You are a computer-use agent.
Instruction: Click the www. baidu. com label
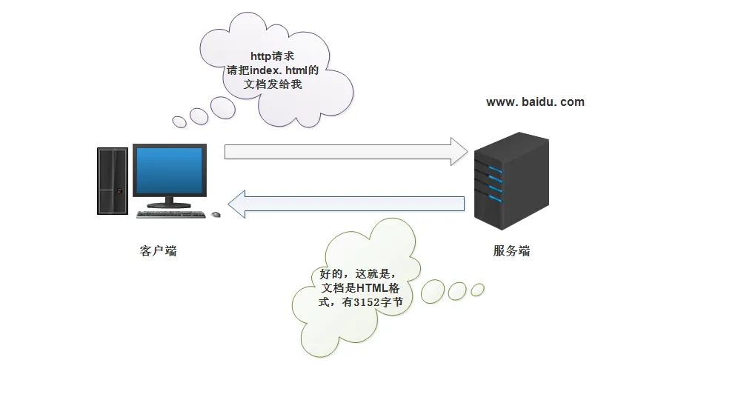[x=535, y=102]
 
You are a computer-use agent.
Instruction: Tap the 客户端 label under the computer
[x=159, y=251]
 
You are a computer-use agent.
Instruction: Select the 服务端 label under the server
[x=511, y=251]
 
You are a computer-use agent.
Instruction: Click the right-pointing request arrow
[x=346, y=152]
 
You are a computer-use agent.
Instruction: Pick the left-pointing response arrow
[x=346, y=204]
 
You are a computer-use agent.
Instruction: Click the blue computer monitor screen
[x=170, y=170]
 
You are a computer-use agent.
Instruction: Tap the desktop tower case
[x=113, y=181]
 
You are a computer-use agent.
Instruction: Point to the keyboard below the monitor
[x=171, y=214]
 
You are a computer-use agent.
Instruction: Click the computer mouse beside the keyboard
[x=216, y=215]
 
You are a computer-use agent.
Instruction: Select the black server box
[x=511, y=181]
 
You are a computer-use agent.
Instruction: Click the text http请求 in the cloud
[x=272, y=56]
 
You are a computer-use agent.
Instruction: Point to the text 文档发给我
[x=273, y=84]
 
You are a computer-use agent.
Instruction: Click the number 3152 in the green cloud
[x=366, y=302]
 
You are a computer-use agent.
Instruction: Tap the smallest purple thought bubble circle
[x=179, y=121]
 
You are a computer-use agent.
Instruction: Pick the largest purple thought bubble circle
[x=223, y=107]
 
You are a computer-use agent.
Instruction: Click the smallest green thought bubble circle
[x=478, y=290]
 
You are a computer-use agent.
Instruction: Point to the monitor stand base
[x=169, y=205]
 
